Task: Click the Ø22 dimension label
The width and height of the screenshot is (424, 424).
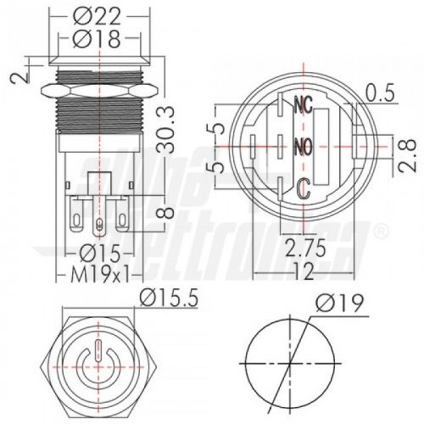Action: (97, 16)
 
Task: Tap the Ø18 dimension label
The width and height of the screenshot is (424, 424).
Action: (97, 38)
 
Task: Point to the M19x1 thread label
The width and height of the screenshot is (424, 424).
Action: (100, 274)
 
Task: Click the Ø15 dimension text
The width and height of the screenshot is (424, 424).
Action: (100, 253)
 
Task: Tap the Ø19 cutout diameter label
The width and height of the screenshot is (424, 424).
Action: (339, 303)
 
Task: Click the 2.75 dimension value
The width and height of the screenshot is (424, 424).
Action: (305, 248)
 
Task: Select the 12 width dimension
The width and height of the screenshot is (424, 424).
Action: (304, 271)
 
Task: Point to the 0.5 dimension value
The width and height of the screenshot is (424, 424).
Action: (380, 92)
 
